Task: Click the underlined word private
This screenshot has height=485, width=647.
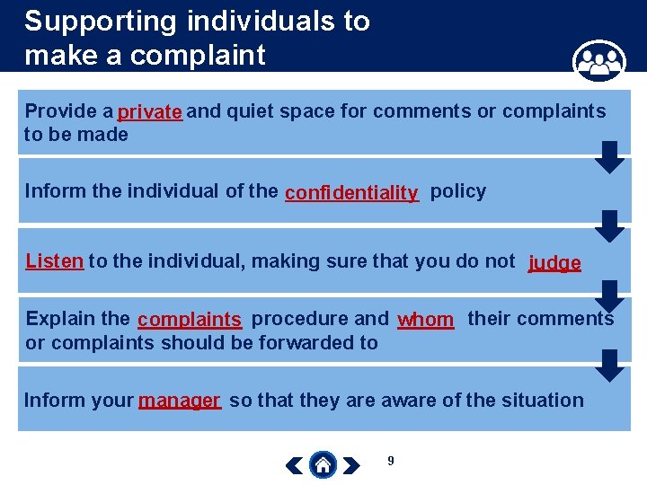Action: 150,112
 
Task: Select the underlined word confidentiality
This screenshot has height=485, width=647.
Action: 351,193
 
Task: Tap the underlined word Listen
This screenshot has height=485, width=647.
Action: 55,261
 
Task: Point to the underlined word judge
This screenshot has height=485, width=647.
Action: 554,263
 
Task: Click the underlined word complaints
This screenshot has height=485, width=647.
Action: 190,320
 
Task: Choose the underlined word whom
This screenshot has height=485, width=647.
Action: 425,320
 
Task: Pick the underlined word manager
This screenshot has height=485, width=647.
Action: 180,401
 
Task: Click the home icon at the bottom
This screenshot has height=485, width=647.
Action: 323,464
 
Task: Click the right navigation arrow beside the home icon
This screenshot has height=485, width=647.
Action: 352,465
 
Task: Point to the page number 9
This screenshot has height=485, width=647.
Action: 390,461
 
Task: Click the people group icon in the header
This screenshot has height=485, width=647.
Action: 598,62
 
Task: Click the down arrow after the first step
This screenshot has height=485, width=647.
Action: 610,156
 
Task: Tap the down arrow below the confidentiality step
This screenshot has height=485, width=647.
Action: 610,225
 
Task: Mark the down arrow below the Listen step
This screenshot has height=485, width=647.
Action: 610,295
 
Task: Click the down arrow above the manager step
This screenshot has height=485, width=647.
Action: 610,366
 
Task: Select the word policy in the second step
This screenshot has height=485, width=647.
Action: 457,191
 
